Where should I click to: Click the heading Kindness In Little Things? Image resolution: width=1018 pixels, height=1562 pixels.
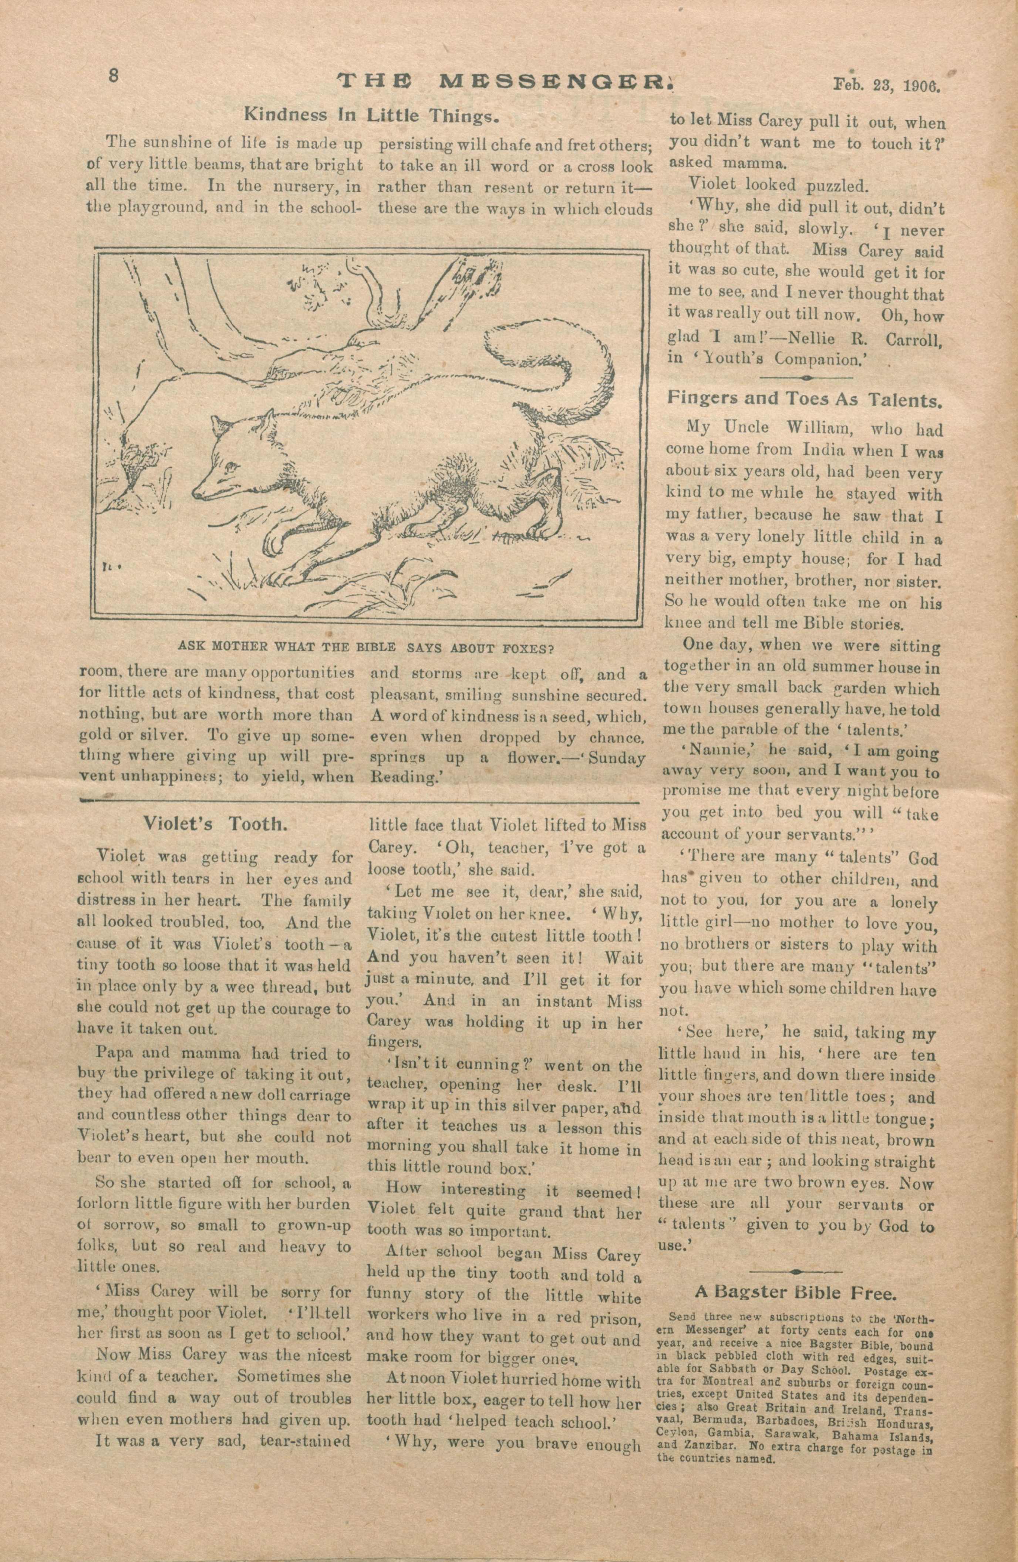[x=372, y=115]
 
